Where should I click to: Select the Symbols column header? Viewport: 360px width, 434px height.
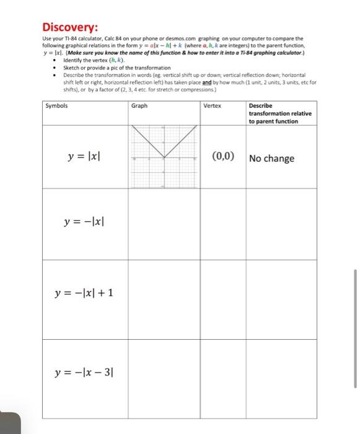[56, 105]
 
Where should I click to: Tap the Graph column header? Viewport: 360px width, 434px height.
[139, 105]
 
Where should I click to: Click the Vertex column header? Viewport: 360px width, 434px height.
[212, 105]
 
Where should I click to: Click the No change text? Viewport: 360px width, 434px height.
[271, 158]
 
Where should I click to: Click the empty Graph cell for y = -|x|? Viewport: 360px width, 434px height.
[164, 223]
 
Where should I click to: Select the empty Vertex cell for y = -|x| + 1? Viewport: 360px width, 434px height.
[222, 299]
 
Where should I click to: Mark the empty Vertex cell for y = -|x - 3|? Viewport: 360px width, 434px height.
[222, 377]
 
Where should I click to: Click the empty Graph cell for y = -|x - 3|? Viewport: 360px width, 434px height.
[164, 377]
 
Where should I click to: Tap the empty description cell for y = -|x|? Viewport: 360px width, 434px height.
[283, 223]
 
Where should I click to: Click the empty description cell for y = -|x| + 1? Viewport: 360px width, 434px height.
[283, 299]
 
